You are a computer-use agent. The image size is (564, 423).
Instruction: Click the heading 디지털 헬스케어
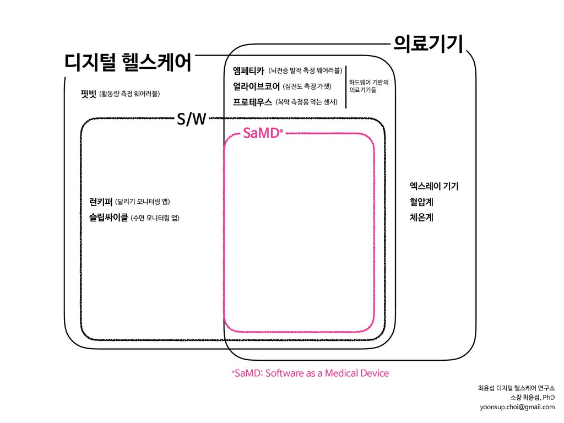(128, 62)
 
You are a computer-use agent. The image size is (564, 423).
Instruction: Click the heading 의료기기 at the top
(427, 43)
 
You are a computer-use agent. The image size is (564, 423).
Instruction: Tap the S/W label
(191, 118)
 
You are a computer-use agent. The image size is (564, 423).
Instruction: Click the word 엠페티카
(249, 70)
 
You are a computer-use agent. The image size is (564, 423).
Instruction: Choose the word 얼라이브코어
(256, 86)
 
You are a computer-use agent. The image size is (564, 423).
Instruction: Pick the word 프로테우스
(252, 102)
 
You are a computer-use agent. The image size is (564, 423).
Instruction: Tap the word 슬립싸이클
(104, 218)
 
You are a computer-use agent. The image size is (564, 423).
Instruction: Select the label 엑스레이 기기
(431, 186)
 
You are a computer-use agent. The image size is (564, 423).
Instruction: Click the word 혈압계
(418, 202)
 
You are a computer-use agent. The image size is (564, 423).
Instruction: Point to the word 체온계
(418, 217)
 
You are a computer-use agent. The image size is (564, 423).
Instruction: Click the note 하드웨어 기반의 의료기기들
(369, 86)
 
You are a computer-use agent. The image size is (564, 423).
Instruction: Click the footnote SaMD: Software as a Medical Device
(311, 373)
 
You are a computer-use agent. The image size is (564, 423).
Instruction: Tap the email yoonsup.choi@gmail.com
(517, 407)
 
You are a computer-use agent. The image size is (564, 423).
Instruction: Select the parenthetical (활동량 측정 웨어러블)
(130, 94)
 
